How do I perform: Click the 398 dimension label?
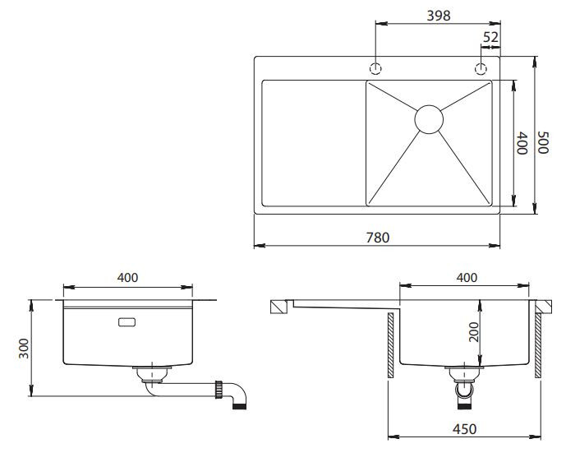[x=438, y=16]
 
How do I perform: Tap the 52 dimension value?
[x=490, y=37]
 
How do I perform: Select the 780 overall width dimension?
[x=378, y=238]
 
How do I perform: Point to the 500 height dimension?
[x=542, y=142]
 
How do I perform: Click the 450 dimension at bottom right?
[x=464, y=429]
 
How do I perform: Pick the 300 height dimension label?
[x=24, y=348]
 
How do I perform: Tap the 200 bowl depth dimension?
[x=473, y=332]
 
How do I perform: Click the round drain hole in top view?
[x=429, y=119]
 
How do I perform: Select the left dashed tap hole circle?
[x=375, y=68]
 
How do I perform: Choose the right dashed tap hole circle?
[x=481, y=68]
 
